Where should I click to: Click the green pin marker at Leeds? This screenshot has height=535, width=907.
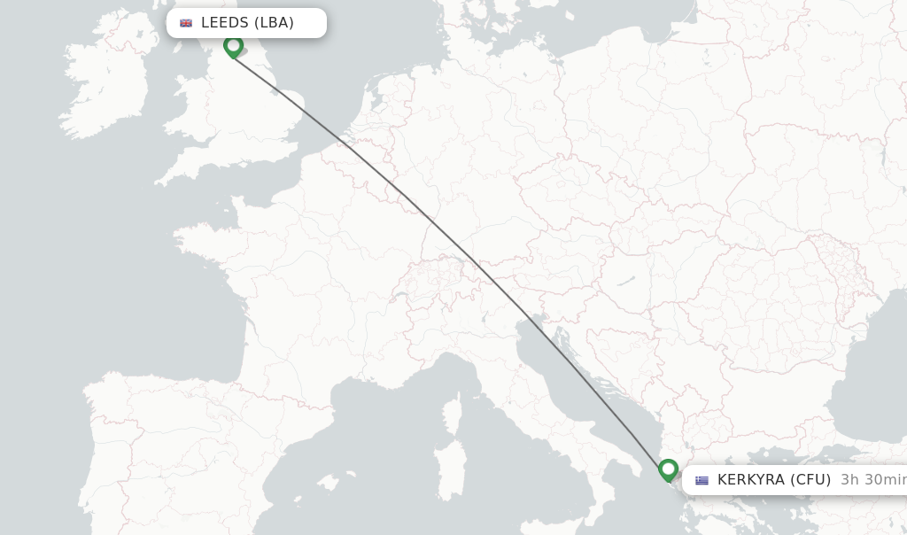233,45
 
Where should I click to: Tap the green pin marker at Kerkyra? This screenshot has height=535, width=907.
669,469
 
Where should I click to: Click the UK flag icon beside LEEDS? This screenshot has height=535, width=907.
186,23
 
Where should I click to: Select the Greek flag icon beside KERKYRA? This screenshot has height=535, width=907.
702,480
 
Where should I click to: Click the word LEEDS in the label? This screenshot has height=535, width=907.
225,23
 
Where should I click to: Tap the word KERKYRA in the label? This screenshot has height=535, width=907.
750,480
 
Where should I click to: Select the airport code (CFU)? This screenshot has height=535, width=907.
810,480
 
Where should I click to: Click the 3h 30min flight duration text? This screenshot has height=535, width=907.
872,480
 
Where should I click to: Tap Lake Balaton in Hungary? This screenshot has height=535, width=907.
624,282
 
